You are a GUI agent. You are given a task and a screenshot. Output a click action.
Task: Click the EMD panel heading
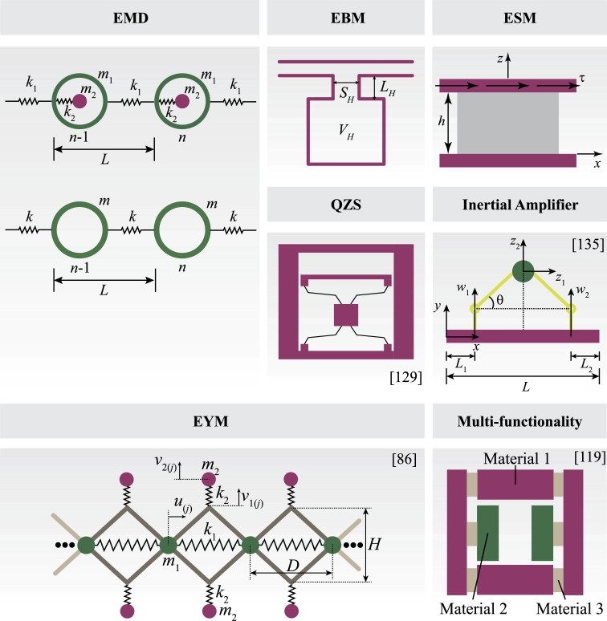click(x=132, y=17)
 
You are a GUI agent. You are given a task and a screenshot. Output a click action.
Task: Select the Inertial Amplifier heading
click(x=519, y=205)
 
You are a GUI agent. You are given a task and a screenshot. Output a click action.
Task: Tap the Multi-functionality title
click(x=519, y=420)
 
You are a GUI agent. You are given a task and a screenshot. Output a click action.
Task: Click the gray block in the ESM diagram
click(x=507, y=123)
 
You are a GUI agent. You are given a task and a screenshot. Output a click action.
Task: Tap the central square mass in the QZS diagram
click(x=345, y=314)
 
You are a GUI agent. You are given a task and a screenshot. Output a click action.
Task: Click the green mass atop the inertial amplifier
click(x=523, y=270)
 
